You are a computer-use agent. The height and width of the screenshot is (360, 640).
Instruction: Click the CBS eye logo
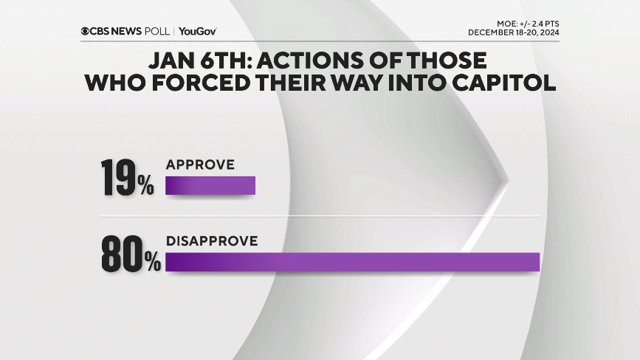tap(86, 31)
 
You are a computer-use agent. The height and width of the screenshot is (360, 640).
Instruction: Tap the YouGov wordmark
tap(198, 31)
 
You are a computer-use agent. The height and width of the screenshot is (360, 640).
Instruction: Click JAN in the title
tap(173, 60)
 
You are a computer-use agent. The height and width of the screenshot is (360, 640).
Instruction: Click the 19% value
tap(126, 179)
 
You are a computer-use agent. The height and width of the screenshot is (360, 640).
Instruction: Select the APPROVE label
tap(199, 165)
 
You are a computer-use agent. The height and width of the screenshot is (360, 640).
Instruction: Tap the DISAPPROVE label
tap(211, 240)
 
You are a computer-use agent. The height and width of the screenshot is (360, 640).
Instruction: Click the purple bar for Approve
tap(210, 185)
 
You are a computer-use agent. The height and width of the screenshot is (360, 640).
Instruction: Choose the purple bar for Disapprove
tap(352, 261)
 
